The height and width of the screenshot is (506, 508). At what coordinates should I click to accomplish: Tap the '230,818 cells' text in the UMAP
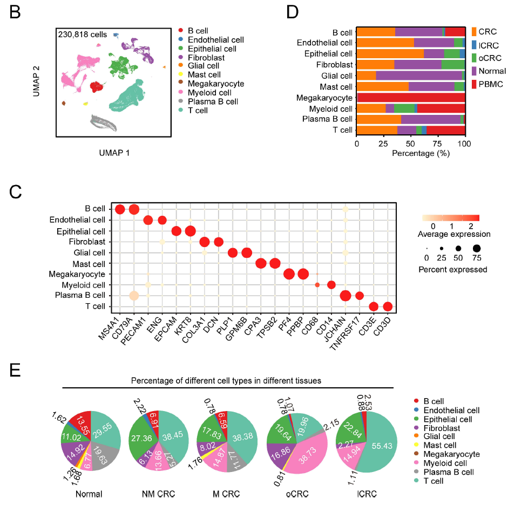tap(82, 35)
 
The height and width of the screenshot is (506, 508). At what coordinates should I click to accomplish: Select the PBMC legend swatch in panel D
tap(474, 84)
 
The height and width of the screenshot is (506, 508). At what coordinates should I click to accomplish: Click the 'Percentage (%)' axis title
tap(410, 153)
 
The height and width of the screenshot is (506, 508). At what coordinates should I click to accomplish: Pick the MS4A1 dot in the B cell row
tap(120, 209)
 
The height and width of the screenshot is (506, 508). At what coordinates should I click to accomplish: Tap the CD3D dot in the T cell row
tap(387, 306)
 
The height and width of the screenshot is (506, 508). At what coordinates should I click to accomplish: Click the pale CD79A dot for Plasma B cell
tap(134, 296)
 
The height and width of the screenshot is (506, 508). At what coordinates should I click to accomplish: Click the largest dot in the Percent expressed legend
tap(477, 249)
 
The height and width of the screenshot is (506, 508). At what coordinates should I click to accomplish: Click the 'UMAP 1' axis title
tap(114, 153)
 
